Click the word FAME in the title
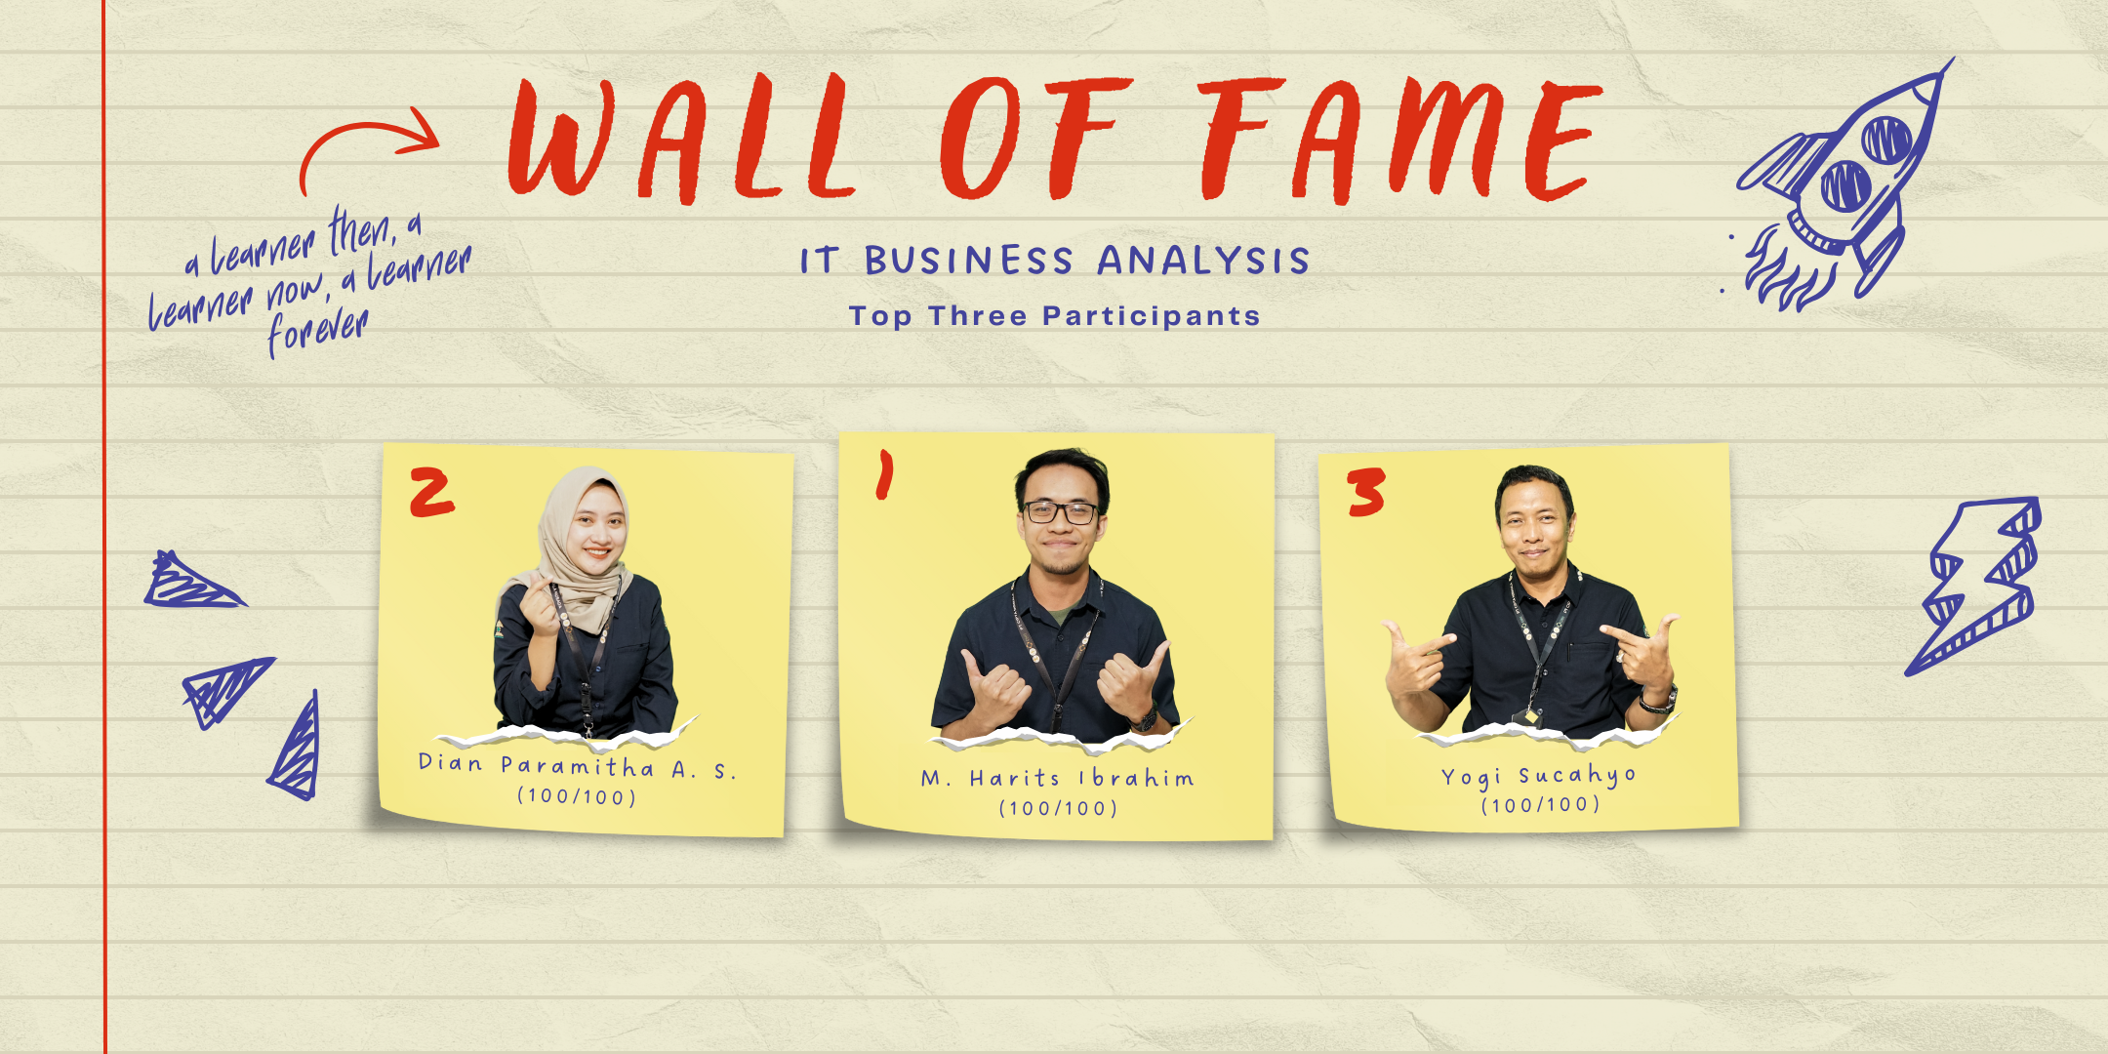1400,141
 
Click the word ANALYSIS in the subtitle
1203,261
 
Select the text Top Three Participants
1054,316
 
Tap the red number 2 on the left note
431,491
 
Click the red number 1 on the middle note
884,474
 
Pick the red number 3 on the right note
1366,491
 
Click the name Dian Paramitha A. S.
577,766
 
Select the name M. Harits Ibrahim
1058,778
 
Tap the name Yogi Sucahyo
1539,777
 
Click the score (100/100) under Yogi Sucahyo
1540,805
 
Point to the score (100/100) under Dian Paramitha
577,796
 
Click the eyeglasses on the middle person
1060,511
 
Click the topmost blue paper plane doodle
193,581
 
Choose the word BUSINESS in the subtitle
969,261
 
